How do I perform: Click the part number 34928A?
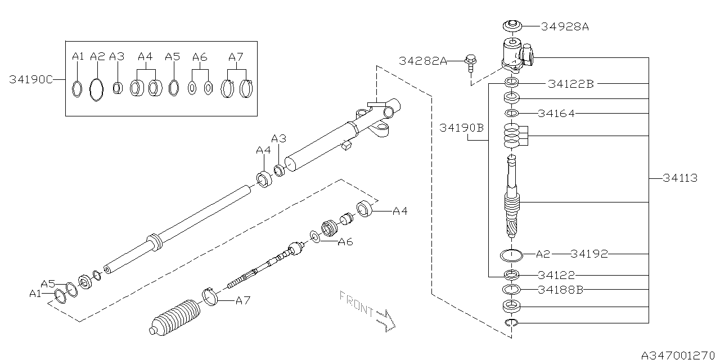tap(565, 26)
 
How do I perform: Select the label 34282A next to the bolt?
tap(422, 61)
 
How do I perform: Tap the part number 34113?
tap(680, 178)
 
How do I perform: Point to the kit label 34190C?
tap(31, 79)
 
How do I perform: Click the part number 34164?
tap(556, 114)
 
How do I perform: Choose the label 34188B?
tap(561, 290)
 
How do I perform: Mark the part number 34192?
tap(589, 254)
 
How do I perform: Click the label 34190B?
tap(461, 128)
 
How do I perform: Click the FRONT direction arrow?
tap(386, 320)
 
